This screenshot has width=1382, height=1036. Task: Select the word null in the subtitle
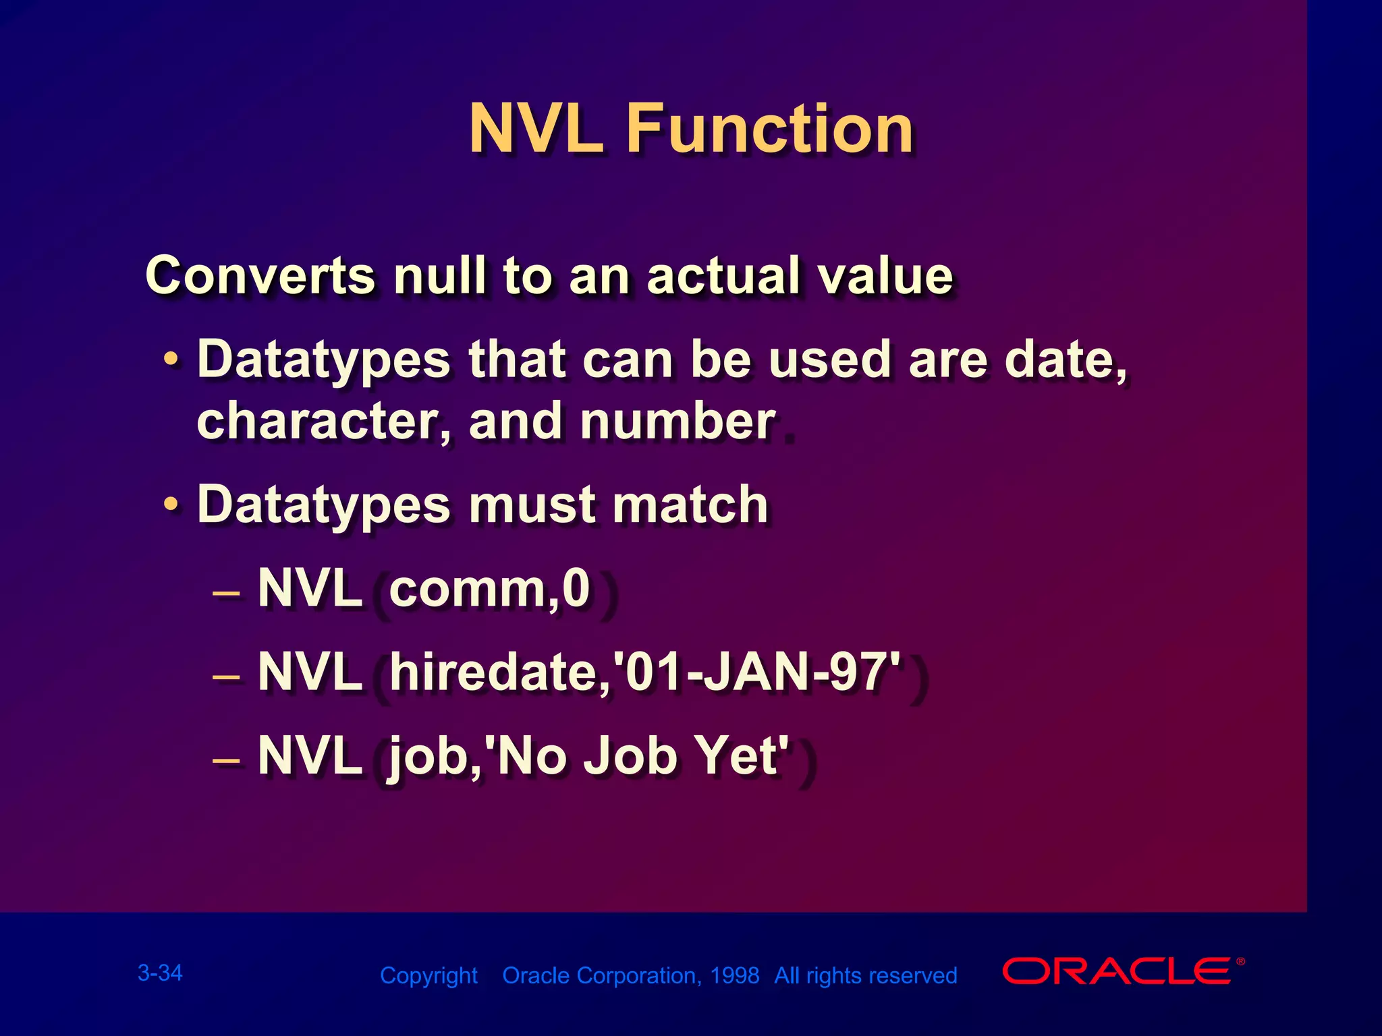point(439,275)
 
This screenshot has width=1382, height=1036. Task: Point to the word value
point(885,275)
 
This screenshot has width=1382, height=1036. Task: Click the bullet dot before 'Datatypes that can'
point(172,359)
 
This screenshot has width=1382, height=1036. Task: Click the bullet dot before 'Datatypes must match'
point(172,504)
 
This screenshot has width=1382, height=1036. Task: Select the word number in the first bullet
point(678,422)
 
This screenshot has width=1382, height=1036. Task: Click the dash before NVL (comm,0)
point(226,594)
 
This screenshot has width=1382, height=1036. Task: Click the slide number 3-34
point(160,973)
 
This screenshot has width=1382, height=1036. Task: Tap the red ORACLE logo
point(1117,971)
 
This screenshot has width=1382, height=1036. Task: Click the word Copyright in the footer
point(429,975)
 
